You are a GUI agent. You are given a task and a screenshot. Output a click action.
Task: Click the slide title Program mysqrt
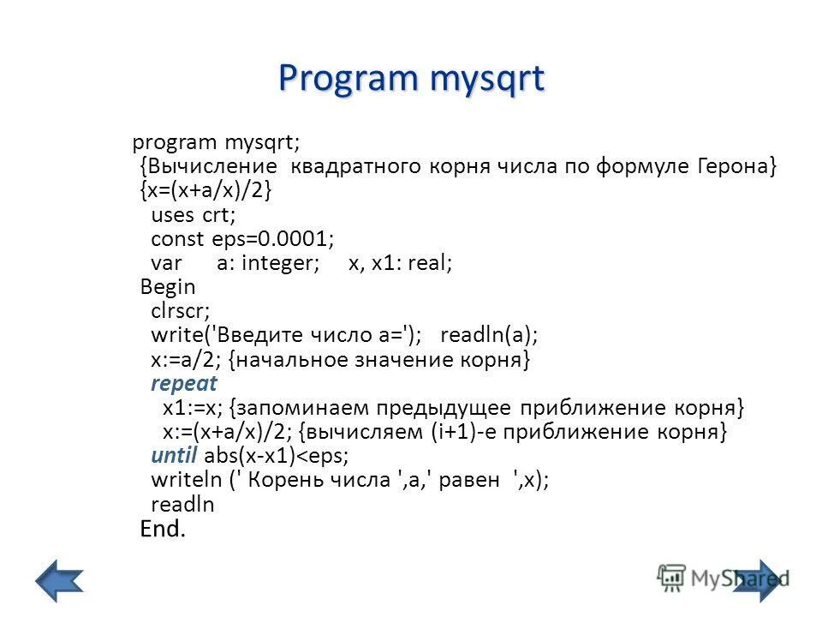point(411,79)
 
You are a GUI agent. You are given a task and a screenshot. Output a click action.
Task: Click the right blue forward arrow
point(759,580)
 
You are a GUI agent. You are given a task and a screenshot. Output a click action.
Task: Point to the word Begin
point(168,286)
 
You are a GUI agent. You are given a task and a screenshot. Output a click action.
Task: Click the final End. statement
point(163,529)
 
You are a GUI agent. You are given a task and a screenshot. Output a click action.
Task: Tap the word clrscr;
point(181,310)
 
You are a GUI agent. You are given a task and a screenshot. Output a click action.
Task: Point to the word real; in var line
point(430,262)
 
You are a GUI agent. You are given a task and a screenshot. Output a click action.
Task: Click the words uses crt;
point(194,214)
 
